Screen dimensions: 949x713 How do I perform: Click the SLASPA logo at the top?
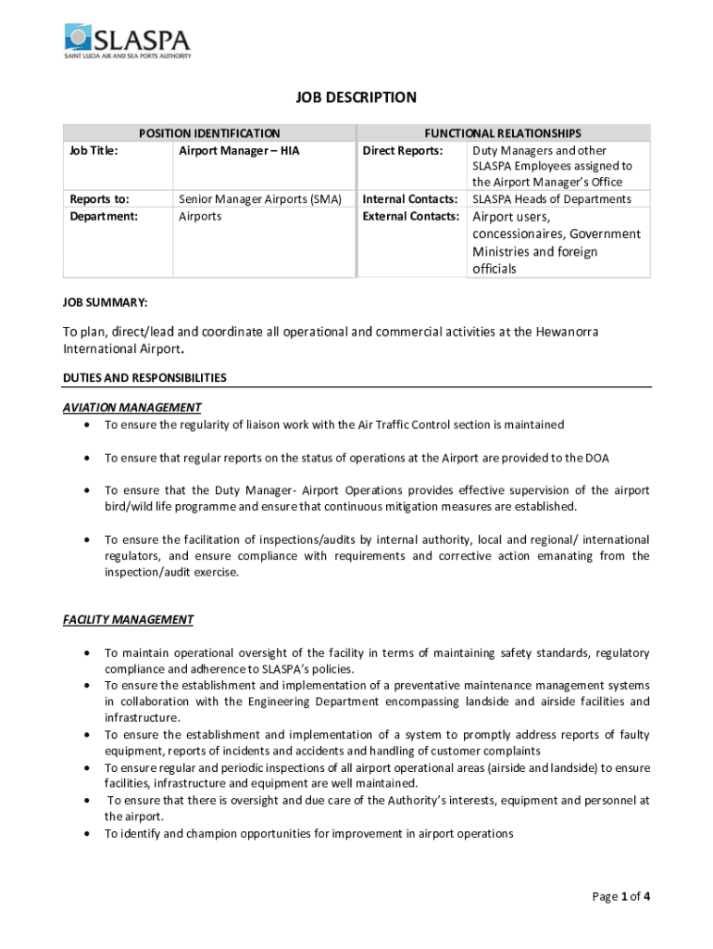coord(127,42)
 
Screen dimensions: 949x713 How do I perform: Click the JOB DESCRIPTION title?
coord(356,97)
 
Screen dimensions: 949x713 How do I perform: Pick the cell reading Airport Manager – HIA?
coord(239,150)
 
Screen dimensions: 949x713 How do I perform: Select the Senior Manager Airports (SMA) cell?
coord(260,199)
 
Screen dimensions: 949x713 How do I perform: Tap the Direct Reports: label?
coord(402,150)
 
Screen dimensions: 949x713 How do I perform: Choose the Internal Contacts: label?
coord(410,199)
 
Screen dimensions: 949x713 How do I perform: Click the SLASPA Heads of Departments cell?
coord(552,199)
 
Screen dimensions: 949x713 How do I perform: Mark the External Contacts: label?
coord(410,216)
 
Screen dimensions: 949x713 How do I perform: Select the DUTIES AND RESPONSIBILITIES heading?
coord(144,378)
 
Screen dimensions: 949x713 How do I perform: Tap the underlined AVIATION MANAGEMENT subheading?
coord(131,407)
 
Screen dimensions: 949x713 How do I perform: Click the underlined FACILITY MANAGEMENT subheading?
coord(128,620)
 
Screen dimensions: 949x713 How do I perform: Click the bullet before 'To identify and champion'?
coord(86,834)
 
